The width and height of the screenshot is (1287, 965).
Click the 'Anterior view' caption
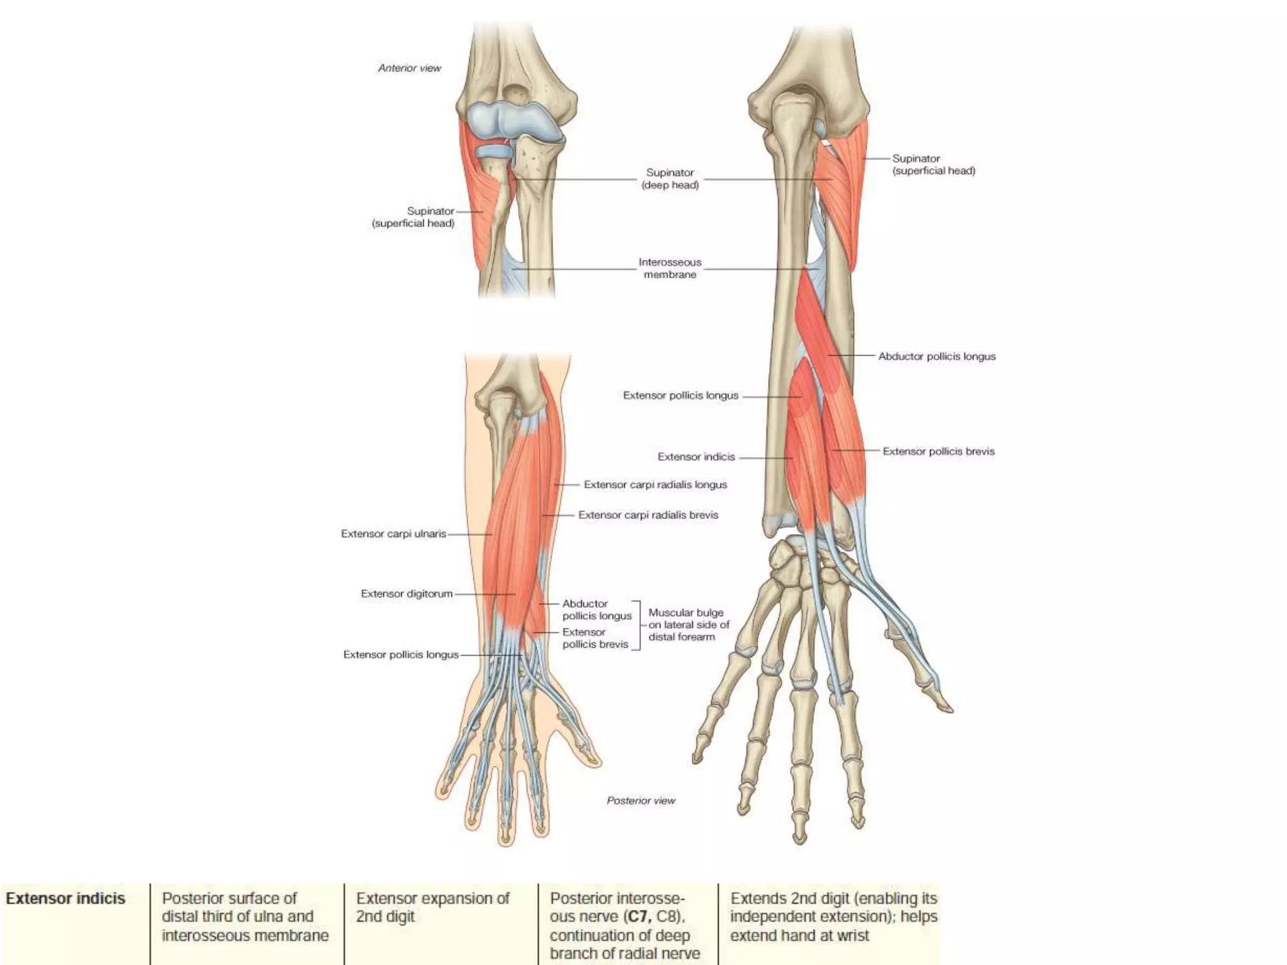point(409,68)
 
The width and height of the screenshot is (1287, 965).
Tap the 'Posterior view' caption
point(640,800)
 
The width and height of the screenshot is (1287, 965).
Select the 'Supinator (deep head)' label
point(670,178)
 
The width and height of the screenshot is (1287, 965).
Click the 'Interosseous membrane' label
point(670,268)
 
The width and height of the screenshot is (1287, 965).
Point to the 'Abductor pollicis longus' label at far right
point(936,356)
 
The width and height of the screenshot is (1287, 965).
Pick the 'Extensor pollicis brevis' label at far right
point(938,451)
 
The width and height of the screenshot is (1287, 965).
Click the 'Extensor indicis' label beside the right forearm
point(696,457)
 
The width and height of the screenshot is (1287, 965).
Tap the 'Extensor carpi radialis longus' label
point(655,484)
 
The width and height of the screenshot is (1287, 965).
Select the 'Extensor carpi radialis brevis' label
point(648,515)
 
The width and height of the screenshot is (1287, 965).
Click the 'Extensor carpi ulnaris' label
point(393,533)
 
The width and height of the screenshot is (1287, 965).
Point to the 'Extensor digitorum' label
point(407,594)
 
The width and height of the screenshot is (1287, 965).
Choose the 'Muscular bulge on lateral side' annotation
point(688,624)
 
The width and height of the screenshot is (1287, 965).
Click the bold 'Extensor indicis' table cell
point(65,898)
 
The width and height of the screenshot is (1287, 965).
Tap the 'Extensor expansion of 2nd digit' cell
point(432,907)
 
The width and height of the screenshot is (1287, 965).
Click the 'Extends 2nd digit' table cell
point(833,917)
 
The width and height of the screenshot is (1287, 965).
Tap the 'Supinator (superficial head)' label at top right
point(933,165)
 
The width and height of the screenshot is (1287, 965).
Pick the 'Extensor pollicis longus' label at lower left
point(401,655)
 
